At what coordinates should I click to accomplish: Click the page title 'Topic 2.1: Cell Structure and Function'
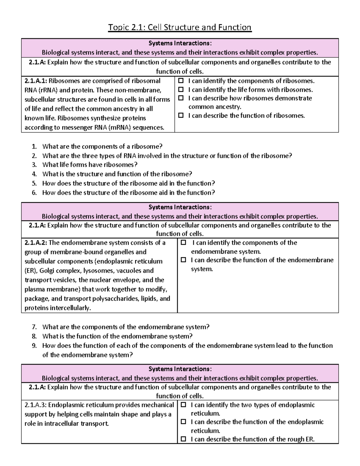[x=180, y=28]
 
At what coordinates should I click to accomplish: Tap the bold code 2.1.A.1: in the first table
[x=36, y=81]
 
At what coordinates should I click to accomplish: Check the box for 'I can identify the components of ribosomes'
[x=181, y=81]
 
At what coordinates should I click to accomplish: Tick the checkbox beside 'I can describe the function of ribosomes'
[x=181, y=116]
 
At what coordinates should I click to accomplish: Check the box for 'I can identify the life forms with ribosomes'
[x=181, y=89]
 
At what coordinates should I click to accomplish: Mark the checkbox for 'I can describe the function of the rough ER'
[x=183, y=439]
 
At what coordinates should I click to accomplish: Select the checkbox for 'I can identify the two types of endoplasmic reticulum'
[x=183, y=405]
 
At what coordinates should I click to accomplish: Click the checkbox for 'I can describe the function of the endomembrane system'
[x=183, y=260]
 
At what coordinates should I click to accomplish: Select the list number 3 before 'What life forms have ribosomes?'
[x=34, y=165]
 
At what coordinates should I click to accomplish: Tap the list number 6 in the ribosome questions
[x=34, y=193]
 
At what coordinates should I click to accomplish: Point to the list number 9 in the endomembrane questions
[x=34, y=346]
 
